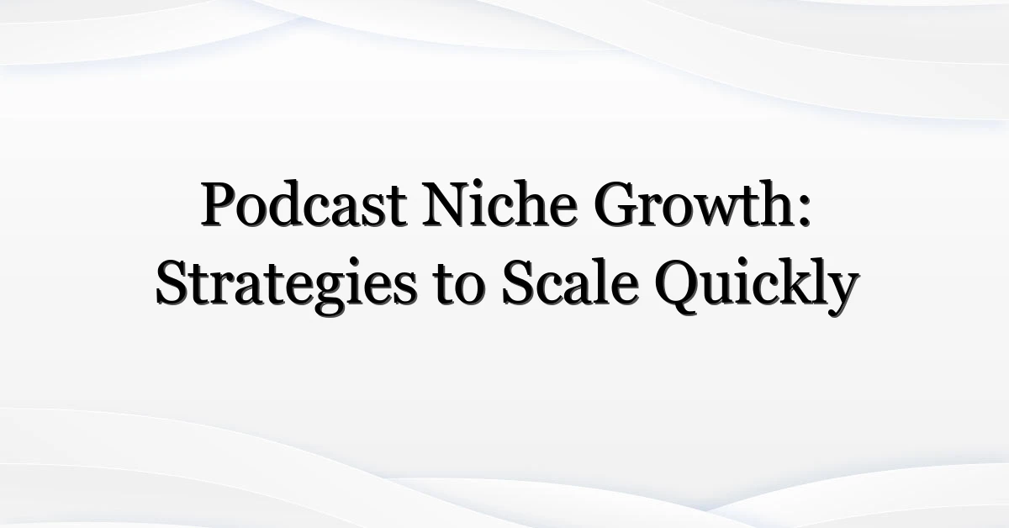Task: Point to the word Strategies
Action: pyautogui.click(x=286, y=286)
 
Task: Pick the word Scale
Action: pyautogui.click(x=569, y=284)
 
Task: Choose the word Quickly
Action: pyautogui.click(x=757, y=286)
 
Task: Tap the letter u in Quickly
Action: pyautogui.click(x=716, y=292)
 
